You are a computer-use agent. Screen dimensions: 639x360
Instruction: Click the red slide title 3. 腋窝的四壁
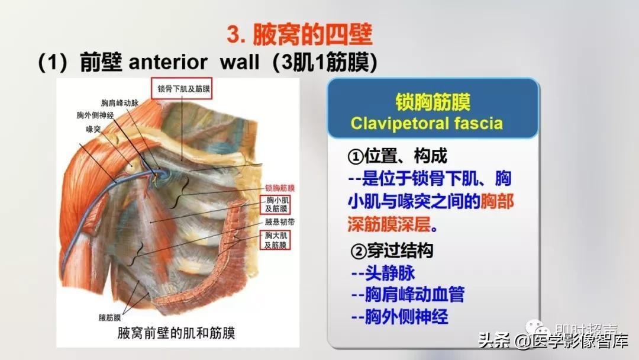click(299, 35)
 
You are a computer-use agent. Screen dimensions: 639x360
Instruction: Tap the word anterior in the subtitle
click(168, 62)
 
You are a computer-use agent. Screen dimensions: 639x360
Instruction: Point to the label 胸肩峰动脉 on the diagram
click(120, 103)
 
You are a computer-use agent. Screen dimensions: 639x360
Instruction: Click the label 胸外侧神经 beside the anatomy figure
click(95, 115)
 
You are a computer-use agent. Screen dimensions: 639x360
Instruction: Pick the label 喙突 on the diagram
click(93, 129)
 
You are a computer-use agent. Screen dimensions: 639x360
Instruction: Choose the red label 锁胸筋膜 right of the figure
click(279, 188)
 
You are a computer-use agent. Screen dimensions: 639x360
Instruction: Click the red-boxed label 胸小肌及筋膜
click(276, 205)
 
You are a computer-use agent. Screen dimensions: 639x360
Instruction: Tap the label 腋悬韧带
click(279, 222)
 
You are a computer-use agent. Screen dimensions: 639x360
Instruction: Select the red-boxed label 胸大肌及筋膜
click(276, 240)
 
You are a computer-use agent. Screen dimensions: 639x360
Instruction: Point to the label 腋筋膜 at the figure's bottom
click(109, 317)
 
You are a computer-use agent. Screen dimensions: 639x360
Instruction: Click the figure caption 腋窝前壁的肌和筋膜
click(176, 333)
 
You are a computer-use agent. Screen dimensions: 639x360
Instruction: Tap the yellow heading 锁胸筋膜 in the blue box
click(433, 102)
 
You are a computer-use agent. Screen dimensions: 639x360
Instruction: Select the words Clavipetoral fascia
click(427, 123)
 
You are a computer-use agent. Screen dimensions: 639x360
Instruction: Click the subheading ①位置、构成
click(398, 156)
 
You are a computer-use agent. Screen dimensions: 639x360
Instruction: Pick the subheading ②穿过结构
click(392, 250)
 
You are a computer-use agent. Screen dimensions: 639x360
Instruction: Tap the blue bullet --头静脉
click(383, 273)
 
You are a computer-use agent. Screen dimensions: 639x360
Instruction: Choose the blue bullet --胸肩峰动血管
click(408, 294)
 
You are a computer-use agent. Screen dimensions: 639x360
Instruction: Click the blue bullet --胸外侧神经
click(399, 317)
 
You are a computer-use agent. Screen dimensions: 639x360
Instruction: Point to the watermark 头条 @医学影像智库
click(553, 340)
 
